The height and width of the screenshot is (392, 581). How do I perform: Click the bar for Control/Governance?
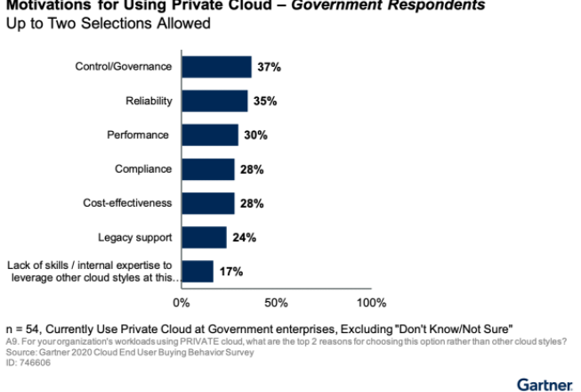[x=216, y=67]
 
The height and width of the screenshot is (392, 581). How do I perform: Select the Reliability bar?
[x=214, y=101]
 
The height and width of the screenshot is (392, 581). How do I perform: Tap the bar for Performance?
[x=210, y=135]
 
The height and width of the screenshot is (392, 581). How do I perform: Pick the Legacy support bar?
[x=204, y=237]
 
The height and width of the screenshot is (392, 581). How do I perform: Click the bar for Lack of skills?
[x=198, y=271]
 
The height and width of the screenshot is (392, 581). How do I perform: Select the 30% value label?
[x=254, y=135]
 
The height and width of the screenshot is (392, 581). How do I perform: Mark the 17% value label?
[x=230, y=272]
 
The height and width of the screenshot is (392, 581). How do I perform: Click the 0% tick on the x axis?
[x=182, y=303]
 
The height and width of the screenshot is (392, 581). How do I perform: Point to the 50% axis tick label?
[x=277, y=303]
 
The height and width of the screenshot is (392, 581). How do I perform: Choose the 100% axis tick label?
[x=371, y=303]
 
